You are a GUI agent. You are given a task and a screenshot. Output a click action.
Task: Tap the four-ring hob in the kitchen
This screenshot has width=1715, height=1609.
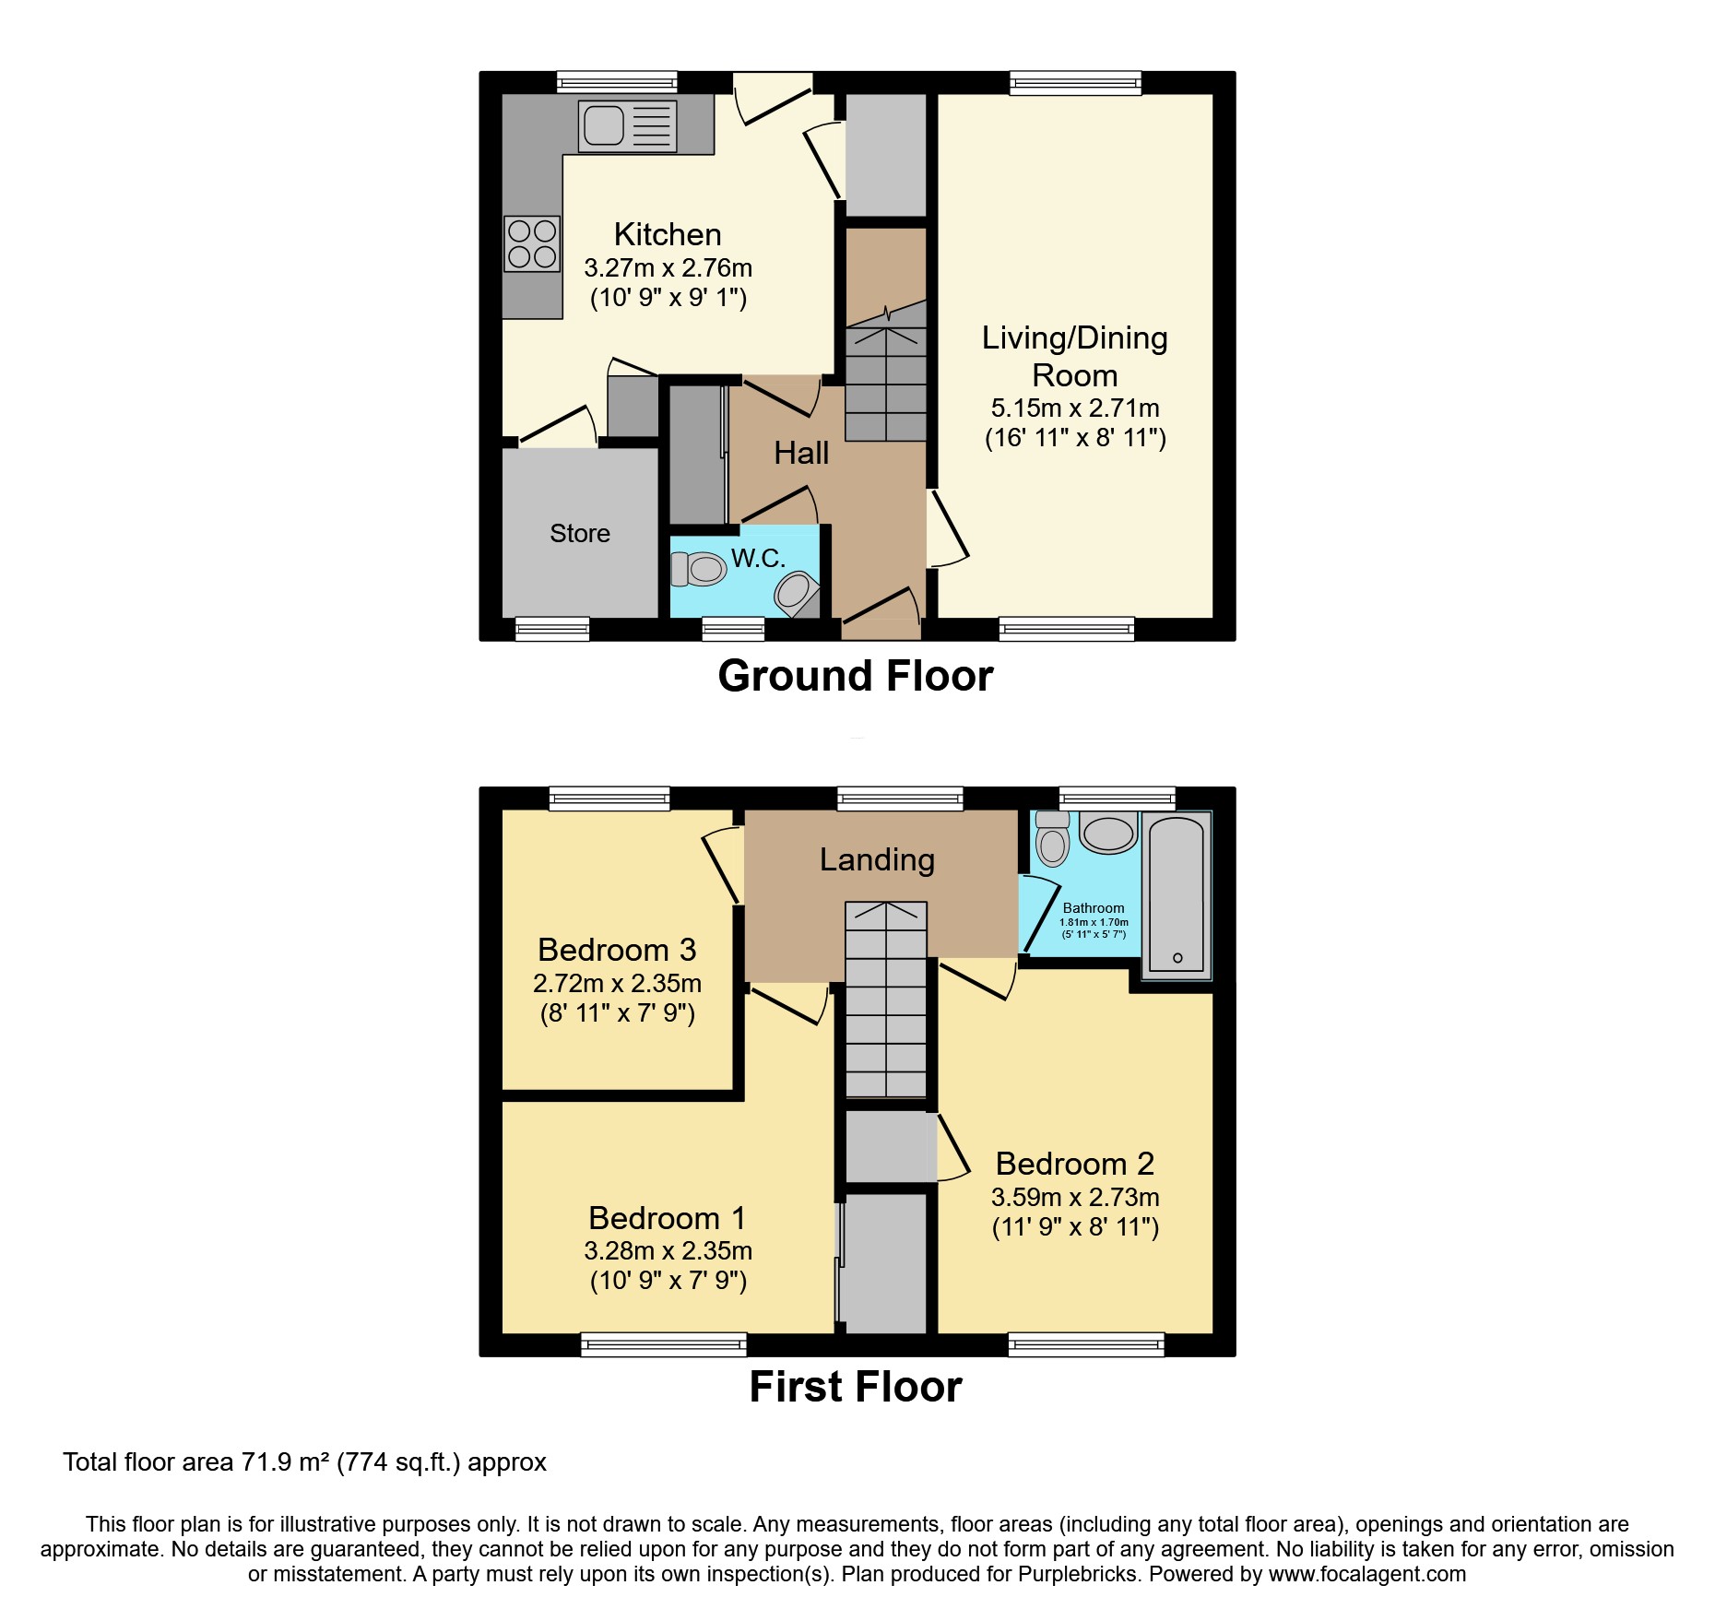[532, 243]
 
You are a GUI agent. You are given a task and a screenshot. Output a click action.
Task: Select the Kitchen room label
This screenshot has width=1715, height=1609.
[668, 235]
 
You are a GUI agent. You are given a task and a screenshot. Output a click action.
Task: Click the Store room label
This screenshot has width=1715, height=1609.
[580, 534]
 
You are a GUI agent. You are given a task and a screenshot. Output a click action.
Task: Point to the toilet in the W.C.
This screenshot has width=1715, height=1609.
[699, 569]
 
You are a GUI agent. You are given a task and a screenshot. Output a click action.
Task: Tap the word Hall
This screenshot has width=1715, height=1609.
[801, 454]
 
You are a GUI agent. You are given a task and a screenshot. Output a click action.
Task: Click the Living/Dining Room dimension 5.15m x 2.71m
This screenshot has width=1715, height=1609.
[1075, 408]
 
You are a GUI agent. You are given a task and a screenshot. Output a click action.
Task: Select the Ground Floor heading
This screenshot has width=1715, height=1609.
[856, 676]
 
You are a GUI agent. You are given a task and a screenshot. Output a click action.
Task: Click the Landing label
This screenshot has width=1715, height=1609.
[877, 860]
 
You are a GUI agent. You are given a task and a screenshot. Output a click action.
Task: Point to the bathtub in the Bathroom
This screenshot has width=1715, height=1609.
[1177, 894]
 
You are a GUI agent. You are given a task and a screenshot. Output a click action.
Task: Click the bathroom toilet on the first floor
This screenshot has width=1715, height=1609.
[1052, 839]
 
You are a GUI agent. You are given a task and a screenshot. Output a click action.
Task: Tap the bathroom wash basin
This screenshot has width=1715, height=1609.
[1107, 834]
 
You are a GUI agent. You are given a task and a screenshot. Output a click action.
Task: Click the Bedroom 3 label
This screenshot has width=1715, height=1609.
[617, 950]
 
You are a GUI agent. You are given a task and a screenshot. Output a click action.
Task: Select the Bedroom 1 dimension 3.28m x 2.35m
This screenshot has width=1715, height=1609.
[668, 1251]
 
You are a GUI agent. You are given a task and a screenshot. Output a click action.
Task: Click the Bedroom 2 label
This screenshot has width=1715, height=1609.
[1075, 1165]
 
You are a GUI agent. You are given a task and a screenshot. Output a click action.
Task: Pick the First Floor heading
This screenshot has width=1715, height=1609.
[856, 1387]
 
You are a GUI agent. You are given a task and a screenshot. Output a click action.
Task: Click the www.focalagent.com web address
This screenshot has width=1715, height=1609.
[1367, 1574]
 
